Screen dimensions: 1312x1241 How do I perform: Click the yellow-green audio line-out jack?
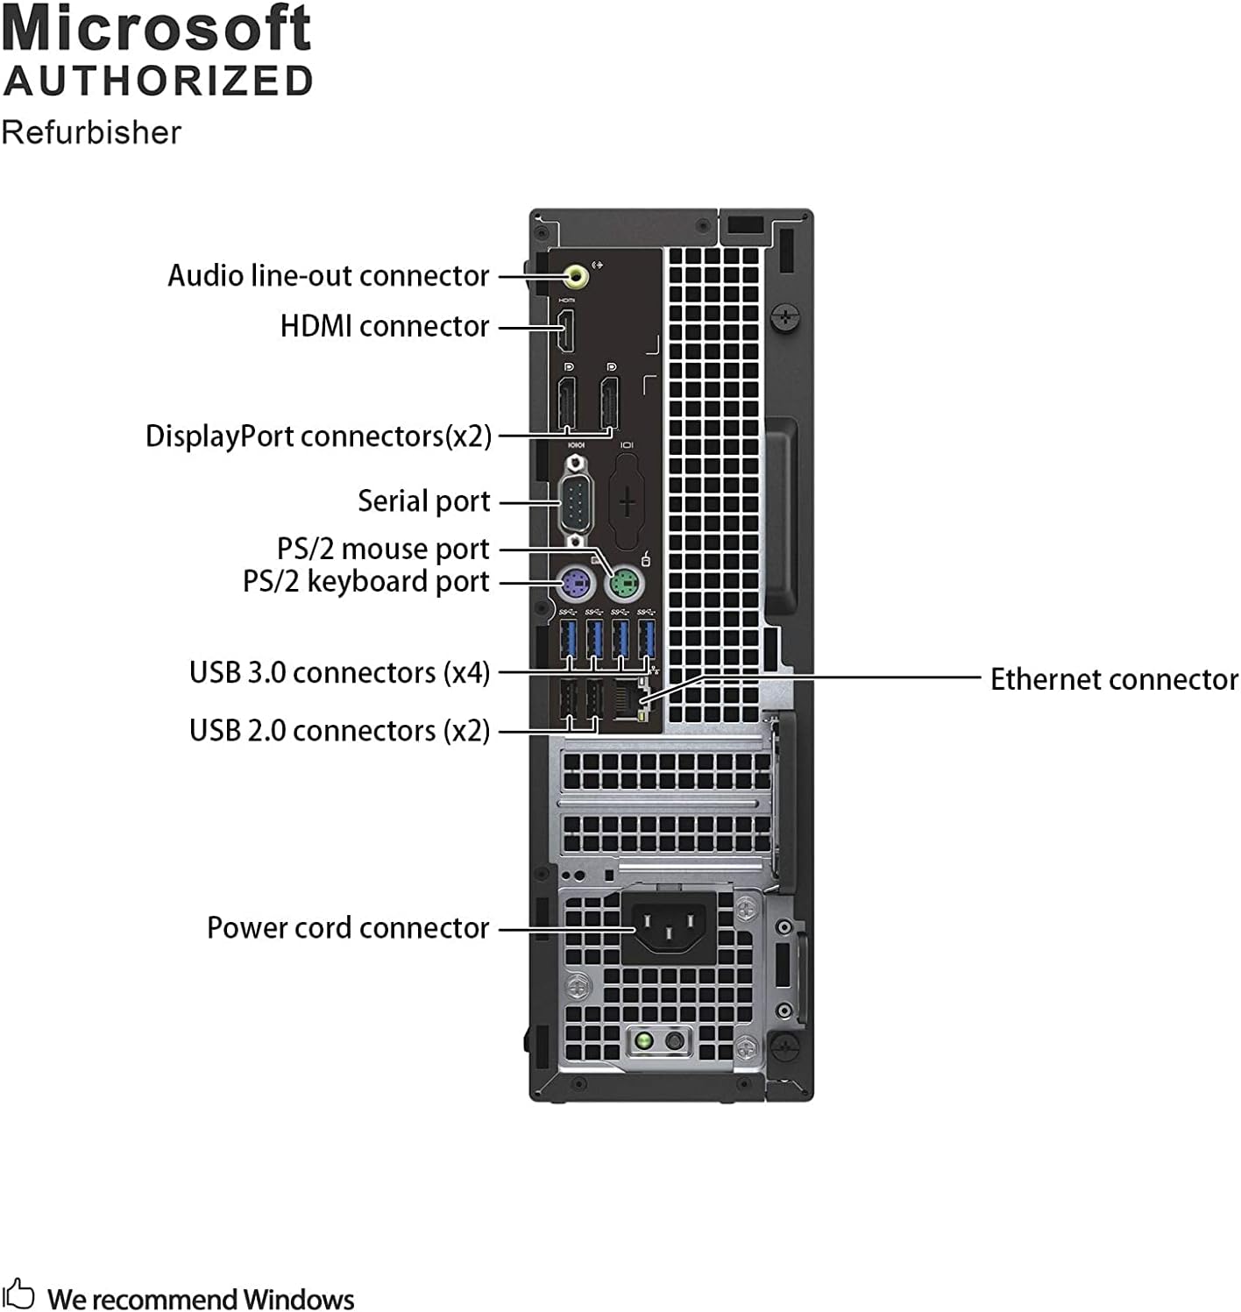(x=576, y=277)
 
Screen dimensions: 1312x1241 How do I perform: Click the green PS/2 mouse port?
(x=624, y=582)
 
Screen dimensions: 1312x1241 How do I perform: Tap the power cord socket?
(x=669, y=927)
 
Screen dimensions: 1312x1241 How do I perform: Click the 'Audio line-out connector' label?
(x=328, y=276)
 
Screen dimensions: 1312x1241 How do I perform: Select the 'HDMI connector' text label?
(x=384, y=326)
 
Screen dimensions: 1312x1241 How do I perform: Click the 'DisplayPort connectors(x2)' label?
(x=318, y=436)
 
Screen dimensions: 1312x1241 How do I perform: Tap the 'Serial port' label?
(x=423, y=501)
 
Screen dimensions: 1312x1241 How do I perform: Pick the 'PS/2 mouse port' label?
(x=382, y=549)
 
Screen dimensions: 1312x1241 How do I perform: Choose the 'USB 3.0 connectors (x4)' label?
(x=339, y=673)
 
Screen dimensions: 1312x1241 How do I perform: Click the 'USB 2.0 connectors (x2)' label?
(x=339, y=730)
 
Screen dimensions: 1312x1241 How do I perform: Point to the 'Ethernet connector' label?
(x=1114, y=679)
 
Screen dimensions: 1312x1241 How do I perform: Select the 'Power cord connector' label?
(x=347, y=927)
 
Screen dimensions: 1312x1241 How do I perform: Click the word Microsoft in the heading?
(x=157, y=29)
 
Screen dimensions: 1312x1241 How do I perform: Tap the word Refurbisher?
(x=91, y=132)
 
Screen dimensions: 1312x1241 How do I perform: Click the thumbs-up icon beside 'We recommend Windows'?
(x=18, y=1294)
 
